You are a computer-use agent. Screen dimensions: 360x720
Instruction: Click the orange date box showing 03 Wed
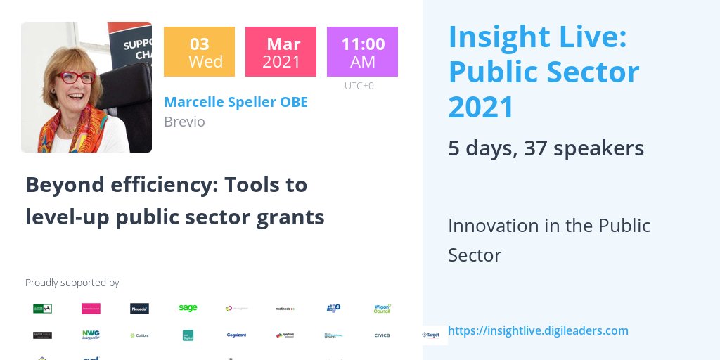click(x=199, y=51)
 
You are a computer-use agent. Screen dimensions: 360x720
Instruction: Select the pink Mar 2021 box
click(x=281, y=51)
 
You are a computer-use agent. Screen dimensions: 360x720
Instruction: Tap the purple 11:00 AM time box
click(x=362, y=51)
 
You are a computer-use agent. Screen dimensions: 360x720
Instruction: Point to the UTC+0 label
click(x=359, y=86)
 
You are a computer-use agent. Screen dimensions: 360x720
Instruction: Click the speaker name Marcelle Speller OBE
click(x=236, y=102)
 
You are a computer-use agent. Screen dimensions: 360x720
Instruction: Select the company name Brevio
click(x=184, y=122)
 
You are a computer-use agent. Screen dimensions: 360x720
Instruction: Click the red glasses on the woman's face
click(x=75, y=77)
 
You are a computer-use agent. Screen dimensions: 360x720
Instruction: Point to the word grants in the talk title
click(x=294, y=217)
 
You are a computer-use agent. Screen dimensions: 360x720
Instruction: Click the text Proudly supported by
click(x=72, y=283)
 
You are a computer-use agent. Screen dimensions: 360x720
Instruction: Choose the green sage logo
click(x=188, y=308)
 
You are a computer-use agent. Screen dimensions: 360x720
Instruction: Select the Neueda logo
click(x=139, y=308)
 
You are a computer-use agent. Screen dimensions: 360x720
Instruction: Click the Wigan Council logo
click(x=382, y=308)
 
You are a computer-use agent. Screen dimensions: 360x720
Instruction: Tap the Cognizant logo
click(x=236, y=335)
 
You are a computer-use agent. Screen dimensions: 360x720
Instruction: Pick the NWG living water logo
click(x=91, y=335)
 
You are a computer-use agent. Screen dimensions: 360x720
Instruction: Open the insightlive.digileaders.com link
click(x=538, y=330)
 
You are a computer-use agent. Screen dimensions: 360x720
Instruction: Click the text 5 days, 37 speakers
click(x=546, y=148)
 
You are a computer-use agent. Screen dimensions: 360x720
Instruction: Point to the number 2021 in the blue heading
click(x=482, y=108)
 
